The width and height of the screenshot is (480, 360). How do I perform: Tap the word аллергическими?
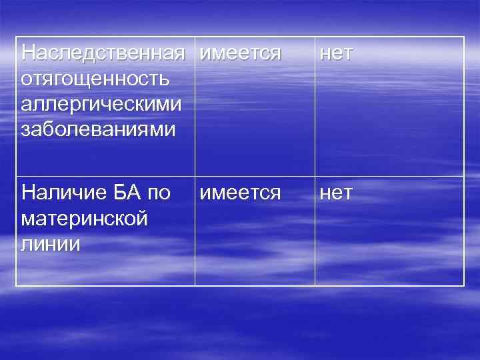[x=101, y=103]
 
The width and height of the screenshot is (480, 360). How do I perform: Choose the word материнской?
[x=84, y=219]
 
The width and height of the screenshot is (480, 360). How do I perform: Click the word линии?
[x=51, y=244]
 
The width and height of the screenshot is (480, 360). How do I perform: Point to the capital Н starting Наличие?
[x=29, y=193]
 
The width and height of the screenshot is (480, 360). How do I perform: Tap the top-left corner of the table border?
[x=16, y=37]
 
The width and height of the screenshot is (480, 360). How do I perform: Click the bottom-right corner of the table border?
[x=464, y=285]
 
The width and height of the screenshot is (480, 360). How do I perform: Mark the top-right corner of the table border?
[x=464, y=37]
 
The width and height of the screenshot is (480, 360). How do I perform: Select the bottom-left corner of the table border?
[x=16, y=285]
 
